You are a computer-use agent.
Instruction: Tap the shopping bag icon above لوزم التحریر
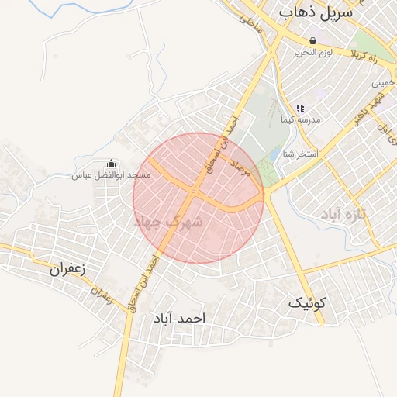click(x=312, y=41)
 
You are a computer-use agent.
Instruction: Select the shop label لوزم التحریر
click(x=312, y=53)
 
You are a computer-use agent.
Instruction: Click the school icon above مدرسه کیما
click(x=300, y=109)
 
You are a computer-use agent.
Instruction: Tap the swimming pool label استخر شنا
click(x=301, y=154)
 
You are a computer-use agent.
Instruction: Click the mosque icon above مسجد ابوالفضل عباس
click(x=111, y=163)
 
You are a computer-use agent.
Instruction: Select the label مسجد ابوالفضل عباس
click(x=112, y=174)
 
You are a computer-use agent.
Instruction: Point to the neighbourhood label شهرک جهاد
click(x=169, y=223)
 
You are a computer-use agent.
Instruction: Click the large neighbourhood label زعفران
click(x=67, y=269)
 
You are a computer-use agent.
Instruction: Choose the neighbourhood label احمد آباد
click(x=178, y=318)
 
